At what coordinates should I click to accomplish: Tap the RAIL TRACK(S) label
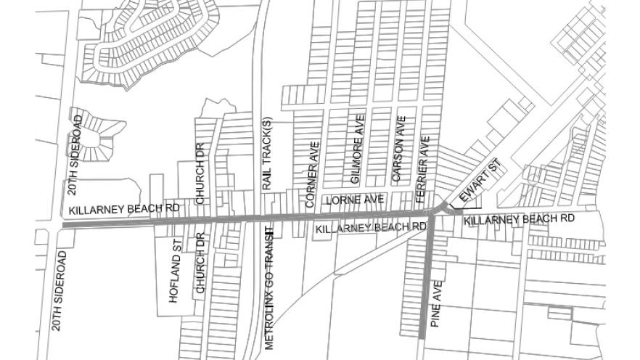pos(266,154)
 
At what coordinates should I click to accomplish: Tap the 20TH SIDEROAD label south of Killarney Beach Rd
pos(60,290)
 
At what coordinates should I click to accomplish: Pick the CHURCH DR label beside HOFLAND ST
pos(200,266)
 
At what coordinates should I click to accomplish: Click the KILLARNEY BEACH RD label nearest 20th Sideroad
pos(124,209)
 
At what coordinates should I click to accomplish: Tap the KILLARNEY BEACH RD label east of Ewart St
pos(519,218)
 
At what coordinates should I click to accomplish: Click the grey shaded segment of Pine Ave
pos(424,283)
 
